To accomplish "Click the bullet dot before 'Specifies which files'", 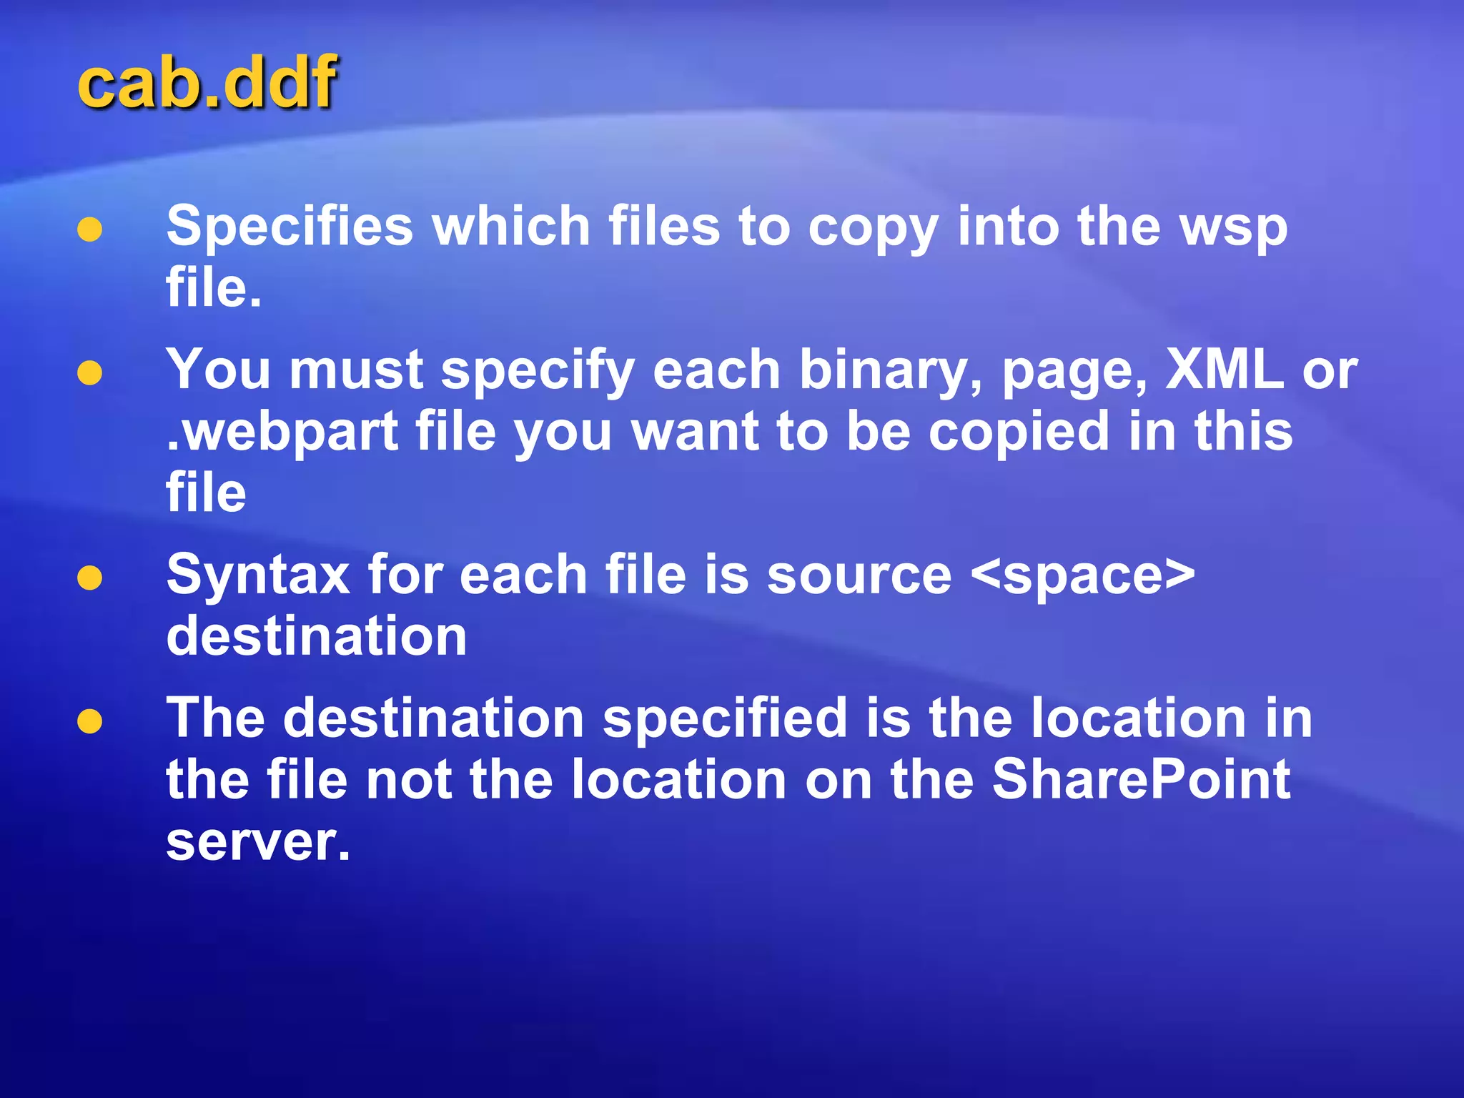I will click(89, 230).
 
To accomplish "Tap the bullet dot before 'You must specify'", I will click(89, 373).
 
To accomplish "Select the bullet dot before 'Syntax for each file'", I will click(89, 578).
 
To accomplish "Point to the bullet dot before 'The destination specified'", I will click(89, 721).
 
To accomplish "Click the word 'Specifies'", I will click(290, 227).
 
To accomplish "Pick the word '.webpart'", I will click(282, 432).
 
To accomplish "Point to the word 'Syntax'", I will click(258, 576).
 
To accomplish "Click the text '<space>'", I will click(1084, 576).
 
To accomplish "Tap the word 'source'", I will click(859, 576).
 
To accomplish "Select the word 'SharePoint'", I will click(1142, 779).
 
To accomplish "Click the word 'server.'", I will click(258, 842).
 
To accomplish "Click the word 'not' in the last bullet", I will click(408, 779).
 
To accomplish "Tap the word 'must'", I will click(356, 370).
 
